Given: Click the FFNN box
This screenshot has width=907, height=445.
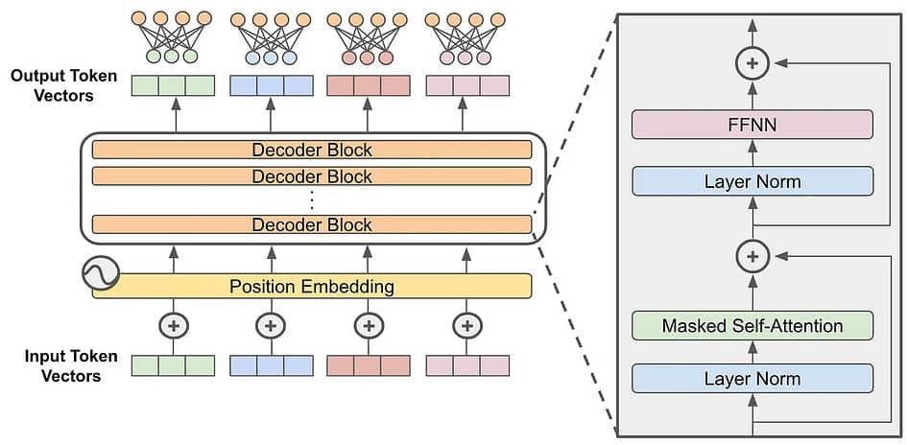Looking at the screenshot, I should click(x=752, y=125).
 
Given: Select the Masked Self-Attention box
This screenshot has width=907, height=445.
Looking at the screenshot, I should click(x=752, y=326).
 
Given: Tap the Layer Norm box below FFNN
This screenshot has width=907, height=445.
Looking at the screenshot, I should click(x=752, y=181).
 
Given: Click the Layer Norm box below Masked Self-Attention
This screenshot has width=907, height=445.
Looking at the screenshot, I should click(x=752, y=378).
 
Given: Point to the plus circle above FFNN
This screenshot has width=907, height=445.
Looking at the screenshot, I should click(x=752, y=63).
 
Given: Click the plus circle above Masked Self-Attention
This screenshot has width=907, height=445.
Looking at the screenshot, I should click(x=752, y=256).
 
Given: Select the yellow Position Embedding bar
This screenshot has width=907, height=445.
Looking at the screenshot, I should click(x=311, y=286).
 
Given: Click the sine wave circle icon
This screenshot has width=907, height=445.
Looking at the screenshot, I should click(x=101, y=274).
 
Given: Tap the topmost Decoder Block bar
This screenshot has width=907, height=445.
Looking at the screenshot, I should click(x=311, y=150).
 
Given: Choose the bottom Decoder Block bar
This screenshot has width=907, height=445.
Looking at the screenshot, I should click(x=311, y=224).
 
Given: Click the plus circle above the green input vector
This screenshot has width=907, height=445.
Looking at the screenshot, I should click(x=174, y=326).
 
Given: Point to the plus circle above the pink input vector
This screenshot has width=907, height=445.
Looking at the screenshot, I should click(x=466, y=326).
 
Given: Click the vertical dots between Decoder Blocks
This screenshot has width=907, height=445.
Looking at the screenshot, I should click(x=311, y=199).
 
